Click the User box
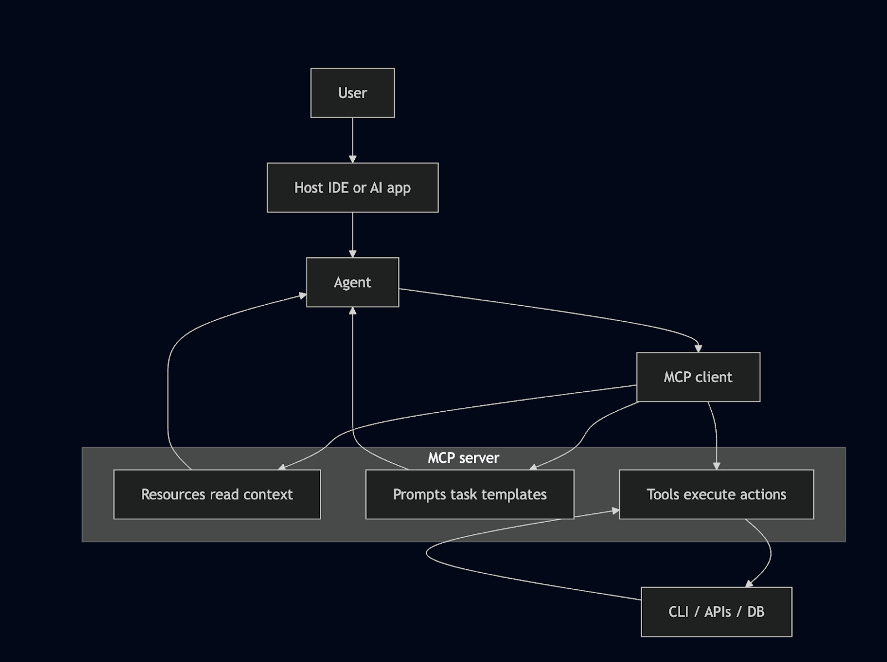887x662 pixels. (x=352, y=93)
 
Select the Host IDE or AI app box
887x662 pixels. (x=352, y=188)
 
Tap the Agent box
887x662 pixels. (x=352, y=282)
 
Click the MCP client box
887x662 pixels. (x=698, y=377)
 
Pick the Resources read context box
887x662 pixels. (x=217, y=494)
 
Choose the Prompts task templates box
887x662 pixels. (x=470, y=494)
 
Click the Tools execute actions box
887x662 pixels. (x=716, y=494)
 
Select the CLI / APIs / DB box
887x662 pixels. (x=716, y=612)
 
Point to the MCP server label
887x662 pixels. (x=463, y=458)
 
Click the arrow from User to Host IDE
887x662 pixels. (x=352, y=139)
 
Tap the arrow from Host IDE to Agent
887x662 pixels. (x=352, y=233)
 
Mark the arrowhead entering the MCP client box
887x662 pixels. (x=699, y=348)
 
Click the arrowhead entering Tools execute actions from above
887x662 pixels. (x=716, y=466)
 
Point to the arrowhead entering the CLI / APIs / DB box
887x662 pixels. (x=749, y=583)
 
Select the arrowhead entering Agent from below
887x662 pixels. (x=352, y=311)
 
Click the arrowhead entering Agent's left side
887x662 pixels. (x=303, y=296)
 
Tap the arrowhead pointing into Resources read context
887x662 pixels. (x=282, y=467)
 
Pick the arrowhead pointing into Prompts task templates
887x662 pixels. (x=533, y=467)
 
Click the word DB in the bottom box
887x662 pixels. (x=756, y=612)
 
